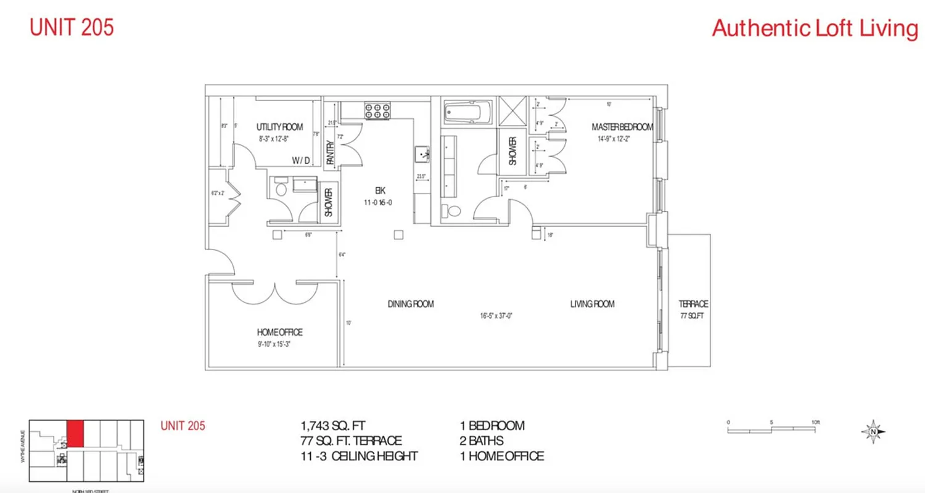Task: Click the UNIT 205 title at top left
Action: (72, 28)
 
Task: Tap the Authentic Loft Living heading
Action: (815, 28)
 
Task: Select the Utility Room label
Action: (279, 127)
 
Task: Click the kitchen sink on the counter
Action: (422, 152)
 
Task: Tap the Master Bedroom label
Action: (622, 127)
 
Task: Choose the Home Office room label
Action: (272, 332)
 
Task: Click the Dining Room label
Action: (411, 304)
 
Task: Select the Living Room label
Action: (592, 304)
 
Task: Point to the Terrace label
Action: (693, 304)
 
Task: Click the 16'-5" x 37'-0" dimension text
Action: (496, 316)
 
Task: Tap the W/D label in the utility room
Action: (302, 160)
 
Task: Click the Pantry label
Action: (330, 153)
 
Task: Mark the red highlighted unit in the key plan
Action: (75, 434)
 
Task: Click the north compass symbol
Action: (873, 431)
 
